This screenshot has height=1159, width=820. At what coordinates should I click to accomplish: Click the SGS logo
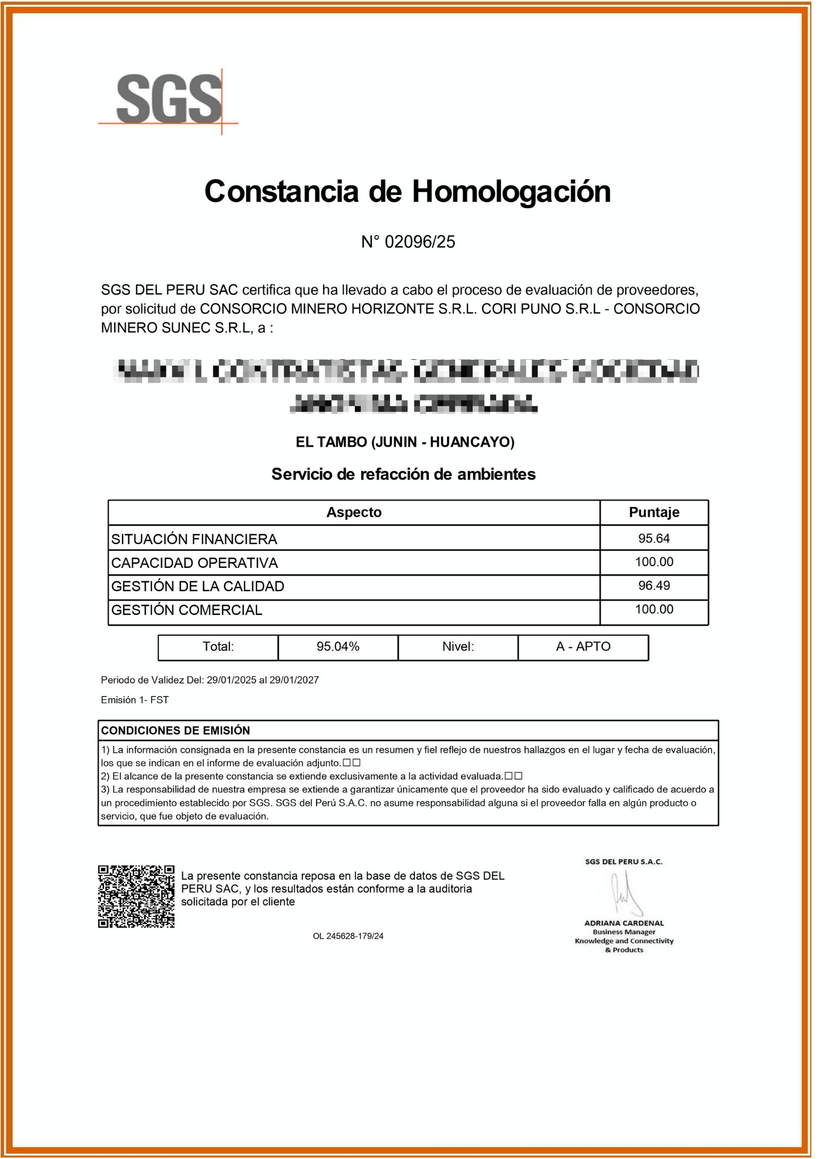[169, 101]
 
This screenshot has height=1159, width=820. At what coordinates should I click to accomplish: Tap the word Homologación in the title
[511, 192]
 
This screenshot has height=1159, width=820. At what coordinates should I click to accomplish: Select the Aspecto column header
[353, 512]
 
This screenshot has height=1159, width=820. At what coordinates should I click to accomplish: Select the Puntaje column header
[654, 512]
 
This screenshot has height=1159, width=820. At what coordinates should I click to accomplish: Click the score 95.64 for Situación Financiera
[654, 538]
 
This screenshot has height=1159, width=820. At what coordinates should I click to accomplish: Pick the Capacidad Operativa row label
[195, 563]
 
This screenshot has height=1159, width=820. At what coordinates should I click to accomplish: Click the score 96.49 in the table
[654, 585]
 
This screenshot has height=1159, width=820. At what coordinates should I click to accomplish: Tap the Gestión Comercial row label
[187, 610]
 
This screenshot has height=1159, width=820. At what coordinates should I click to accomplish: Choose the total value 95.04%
[338, 646]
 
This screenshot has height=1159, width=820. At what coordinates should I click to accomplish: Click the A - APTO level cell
[583, 646]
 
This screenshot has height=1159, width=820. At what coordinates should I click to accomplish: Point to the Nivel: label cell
[458, 646]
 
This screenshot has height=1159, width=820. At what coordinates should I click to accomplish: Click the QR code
[136, 896]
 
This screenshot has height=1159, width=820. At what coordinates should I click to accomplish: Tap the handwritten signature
[626, 894]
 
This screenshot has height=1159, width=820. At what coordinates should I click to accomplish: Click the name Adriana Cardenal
[624, 923]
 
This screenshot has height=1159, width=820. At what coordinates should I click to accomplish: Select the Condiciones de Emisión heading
[176, 731]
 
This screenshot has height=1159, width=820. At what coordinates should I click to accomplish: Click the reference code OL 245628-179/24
[348, 936]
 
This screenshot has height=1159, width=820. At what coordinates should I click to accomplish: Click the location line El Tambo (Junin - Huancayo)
[405, 442]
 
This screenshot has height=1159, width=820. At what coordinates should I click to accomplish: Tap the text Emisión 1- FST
[135, 700]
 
